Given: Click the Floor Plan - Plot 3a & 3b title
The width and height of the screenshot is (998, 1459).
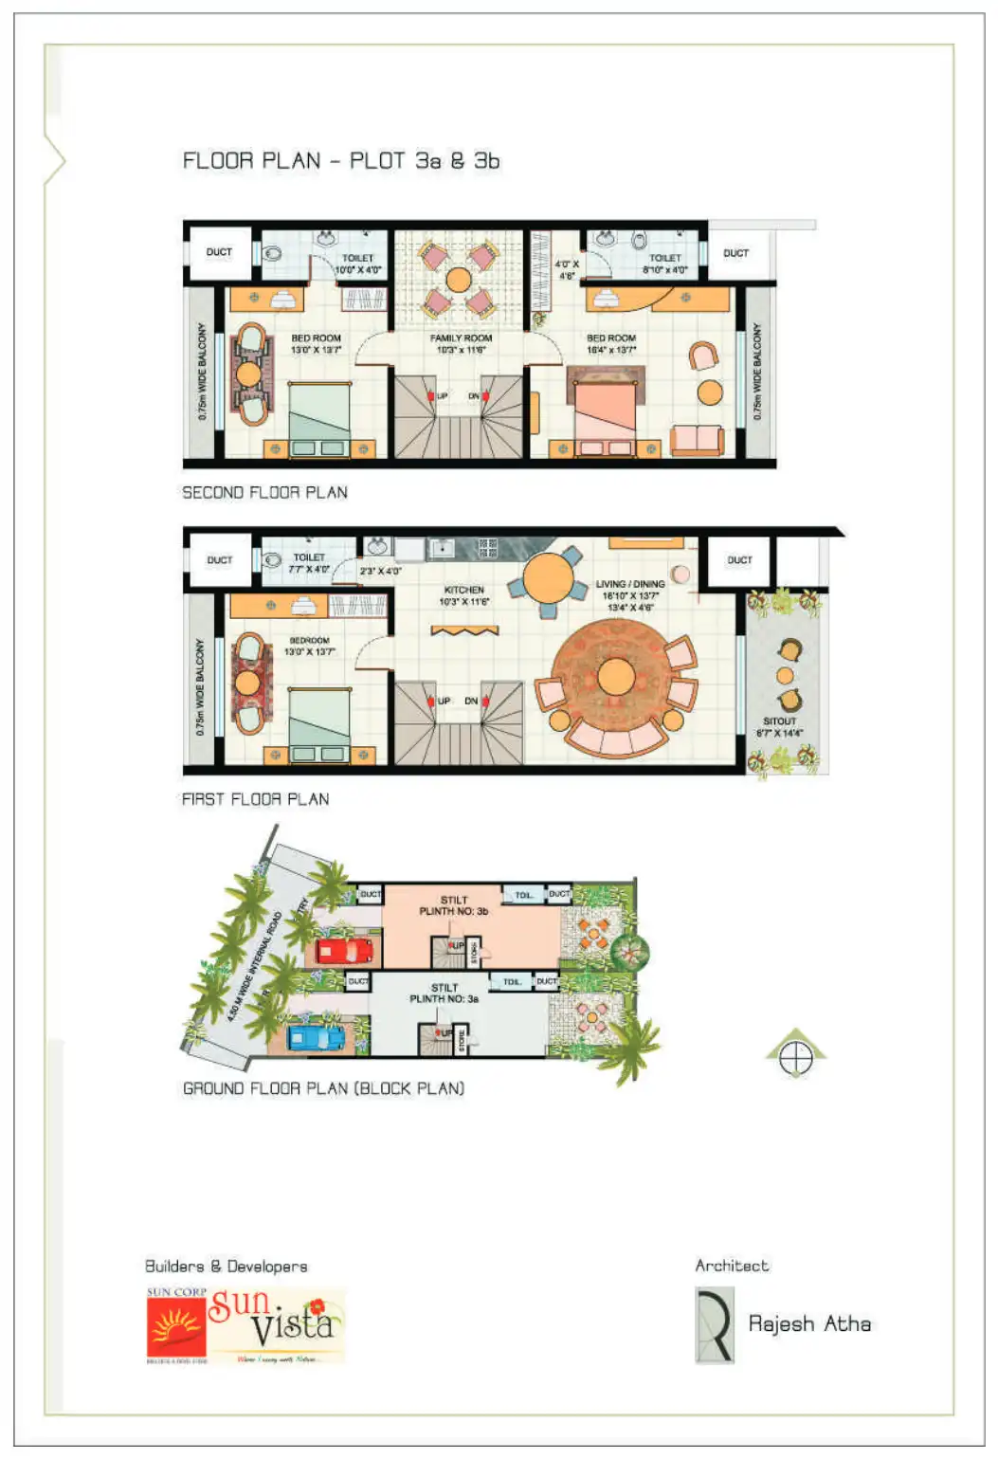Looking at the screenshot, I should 341,161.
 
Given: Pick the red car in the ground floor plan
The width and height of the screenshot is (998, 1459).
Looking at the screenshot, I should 344,950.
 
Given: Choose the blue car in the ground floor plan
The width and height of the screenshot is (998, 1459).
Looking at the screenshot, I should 317,1037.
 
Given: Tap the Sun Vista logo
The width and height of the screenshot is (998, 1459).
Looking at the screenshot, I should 245,1325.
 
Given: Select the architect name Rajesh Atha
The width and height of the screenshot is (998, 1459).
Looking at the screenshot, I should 809,1323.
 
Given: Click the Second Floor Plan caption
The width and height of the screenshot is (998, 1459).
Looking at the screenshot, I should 264,493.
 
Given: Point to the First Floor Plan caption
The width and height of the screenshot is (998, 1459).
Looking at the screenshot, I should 256,799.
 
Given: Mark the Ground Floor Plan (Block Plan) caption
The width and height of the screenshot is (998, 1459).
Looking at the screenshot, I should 323,1088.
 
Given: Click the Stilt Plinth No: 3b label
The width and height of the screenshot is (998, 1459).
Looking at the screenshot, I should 454,905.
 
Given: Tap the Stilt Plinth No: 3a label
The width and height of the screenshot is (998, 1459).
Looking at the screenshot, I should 444,993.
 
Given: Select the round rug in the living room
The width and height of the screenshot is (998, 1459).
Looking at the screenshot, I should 616,677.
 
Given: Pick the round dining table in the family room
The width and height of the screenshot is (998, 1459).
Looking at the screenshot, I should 459,280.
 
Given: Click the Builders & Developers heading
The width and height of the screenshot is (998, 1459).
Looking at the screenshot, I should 226,1267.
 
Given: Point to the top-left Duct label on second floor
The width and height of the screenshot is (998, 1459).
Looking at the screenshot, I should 219,252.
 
